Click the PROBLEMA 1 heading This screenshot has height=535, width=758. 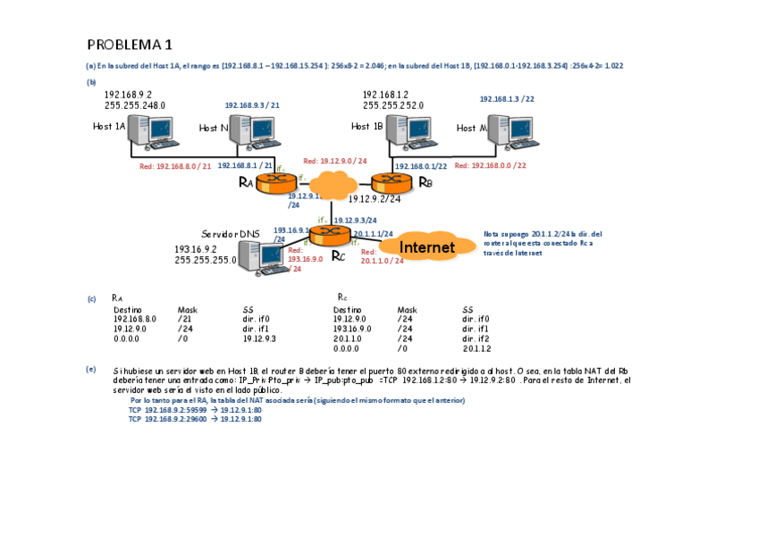(x=130, y=45)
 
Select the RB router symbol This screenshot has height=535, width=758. (x=392, y=182)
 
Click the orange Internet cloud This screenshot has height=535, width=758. (x=426, y=247)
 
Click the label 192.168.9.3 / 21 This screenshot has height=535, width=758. (x=252, y=104)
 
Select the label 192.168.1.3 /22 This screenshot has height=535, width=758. (x=507, y=99)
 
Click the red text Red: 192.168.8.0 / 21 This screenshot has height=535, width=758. (x=175, y=166)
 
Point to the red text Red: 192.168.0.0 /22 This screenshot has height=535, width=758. (x=490, y=165)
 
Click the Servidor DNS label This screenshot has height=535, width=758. (x=231, y=233)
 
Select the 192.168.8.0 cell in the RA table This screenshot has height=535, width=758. (x=135, y=318)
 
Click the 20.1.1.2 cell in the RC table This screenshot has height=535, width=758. (x=476, y=348)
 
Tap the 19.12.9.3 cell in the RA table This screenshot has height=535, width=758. (x=259, y=339)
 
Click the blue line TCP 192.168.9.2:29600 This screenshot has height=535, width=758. (x=195, y=418)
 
